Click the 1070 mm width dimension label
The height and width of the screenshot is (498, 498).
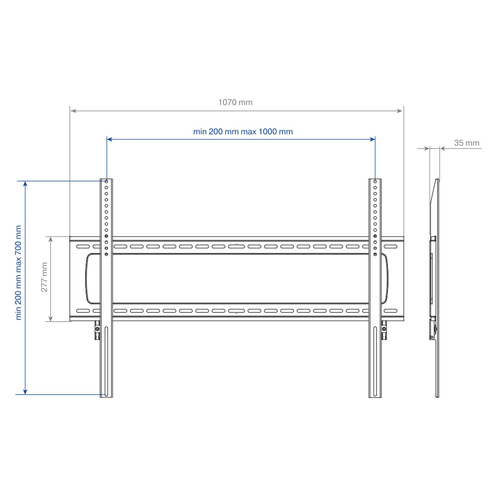(236, 102)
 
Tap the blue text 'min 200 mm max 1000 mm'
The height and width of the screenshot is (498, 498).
(243, 131)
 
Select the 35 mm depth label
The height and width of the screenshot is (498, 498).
(467, 143)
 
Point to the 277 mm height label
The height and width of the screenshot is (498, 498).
(44, 277)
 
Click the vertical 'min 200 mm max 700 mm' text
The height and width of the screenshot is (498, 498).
(18, 272)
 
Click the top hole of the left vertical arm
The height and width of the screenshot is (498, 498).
(107, 182)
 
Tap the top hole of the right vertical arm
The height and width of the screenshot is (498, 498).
(375, 182)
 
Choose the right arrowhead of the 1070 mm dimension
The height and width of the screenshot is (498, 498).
(400, 111)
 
